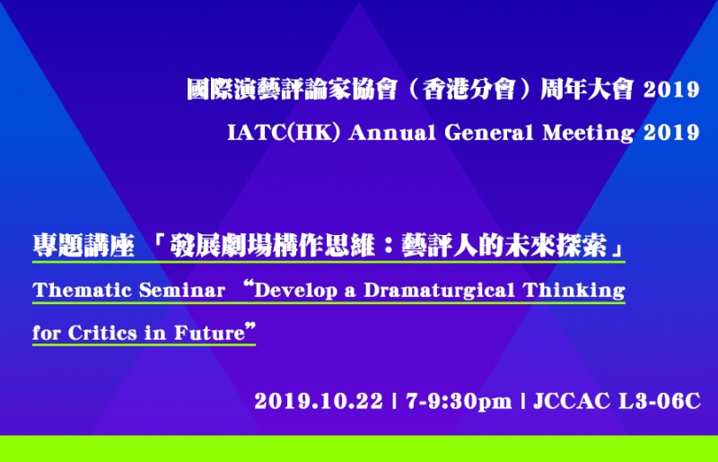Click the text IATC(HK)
(x=284, y=133)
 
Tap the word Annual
(x=392, y=133)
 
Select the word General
(x=489, y=133)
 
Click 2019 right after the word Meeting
(x=671, y=133)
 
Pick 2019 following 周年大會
(x=671, y=90)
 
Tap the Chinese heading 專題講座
(x=83, y=245)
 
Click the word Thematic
(x=83, y=291)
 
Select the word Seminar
(x=182, y=291)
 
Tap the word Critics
(x=103, y=333)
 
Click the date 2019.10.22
(x=319, y=402)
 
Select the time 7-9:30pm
(x=459, y=403)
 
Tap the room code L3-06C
(x=660, y=402)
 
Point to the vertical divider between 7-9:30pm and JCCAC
(x=522, y=402)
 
